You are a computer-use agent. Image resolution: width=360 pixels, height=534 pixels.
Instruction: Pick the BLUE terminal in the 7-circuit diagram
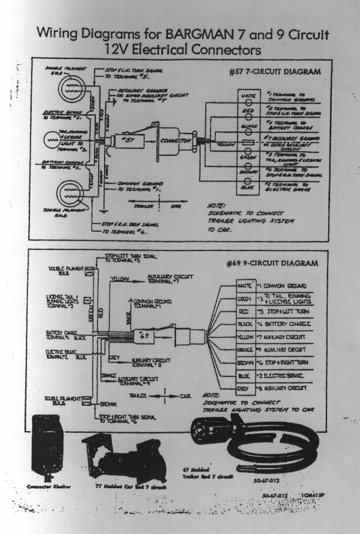click(x=247, y=187)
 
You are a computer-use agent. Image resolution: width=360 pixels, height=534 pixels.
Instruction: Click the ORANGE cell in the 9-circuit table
click(x=229, y=350)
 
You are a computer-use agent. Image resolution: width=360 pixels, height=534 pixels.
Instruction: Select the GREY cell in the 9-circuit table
click(x=229, y=389)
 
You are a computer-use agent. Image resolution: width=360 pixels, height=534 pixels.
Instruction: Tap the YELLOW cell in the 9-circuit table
click(x=229, y=337)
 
